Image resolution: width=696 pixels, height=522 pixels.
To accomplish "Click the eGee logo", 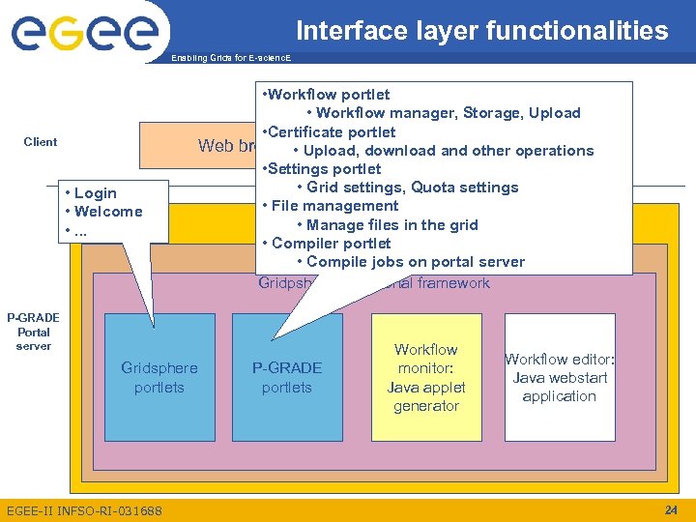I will coord(84,33).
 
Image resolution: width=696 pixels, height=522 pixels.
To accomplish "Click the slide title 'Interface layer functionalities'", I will coord(481,31).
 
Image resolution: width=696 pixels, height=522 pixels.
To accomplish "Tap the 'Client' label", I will coord(41,142).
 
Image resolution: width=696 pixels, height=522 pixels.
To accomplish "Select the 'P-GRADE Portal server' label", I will coord(33,332).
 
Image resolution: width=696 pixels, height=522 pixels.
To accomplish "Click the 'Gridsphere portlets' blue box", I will coord(159,378).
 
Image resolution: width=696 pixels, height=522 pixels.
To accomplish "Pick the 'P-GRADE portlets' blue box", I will coord(287,378).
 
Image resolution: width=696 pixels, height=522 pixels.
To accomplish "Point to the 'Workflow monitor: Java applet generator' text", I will coord(425,377).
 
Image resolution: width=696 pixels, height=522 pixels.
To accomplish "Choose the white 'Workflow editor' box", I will coord(559,377).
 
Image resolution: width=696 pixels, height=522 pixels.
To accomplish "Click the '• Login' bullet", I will coord(90,193).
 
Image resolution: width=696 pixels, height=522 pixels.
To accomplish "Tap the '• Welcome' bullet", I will coord(102,212).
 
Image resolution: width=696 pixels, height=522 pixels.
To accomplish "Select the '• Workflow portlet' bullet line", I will coord(326,95).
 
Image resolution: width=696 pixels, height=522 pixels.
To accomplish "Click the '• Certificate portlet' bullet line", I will coord(329,131).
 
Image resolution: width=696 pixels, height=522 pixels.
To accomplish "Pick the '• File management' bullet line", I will coord(331,206).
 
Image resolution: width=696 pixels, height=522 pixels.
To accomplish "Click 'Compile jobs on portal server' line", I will coord(415,262).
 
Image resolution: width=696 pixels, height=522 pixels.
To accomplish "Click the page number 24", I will coord(672,509).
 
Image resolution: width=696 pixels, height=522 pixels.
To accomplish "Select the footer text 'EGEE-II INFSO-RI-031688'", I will coord(84,510).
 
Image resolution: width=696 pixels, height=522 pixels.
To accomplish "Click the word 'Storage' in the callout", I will coord(493,113).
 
